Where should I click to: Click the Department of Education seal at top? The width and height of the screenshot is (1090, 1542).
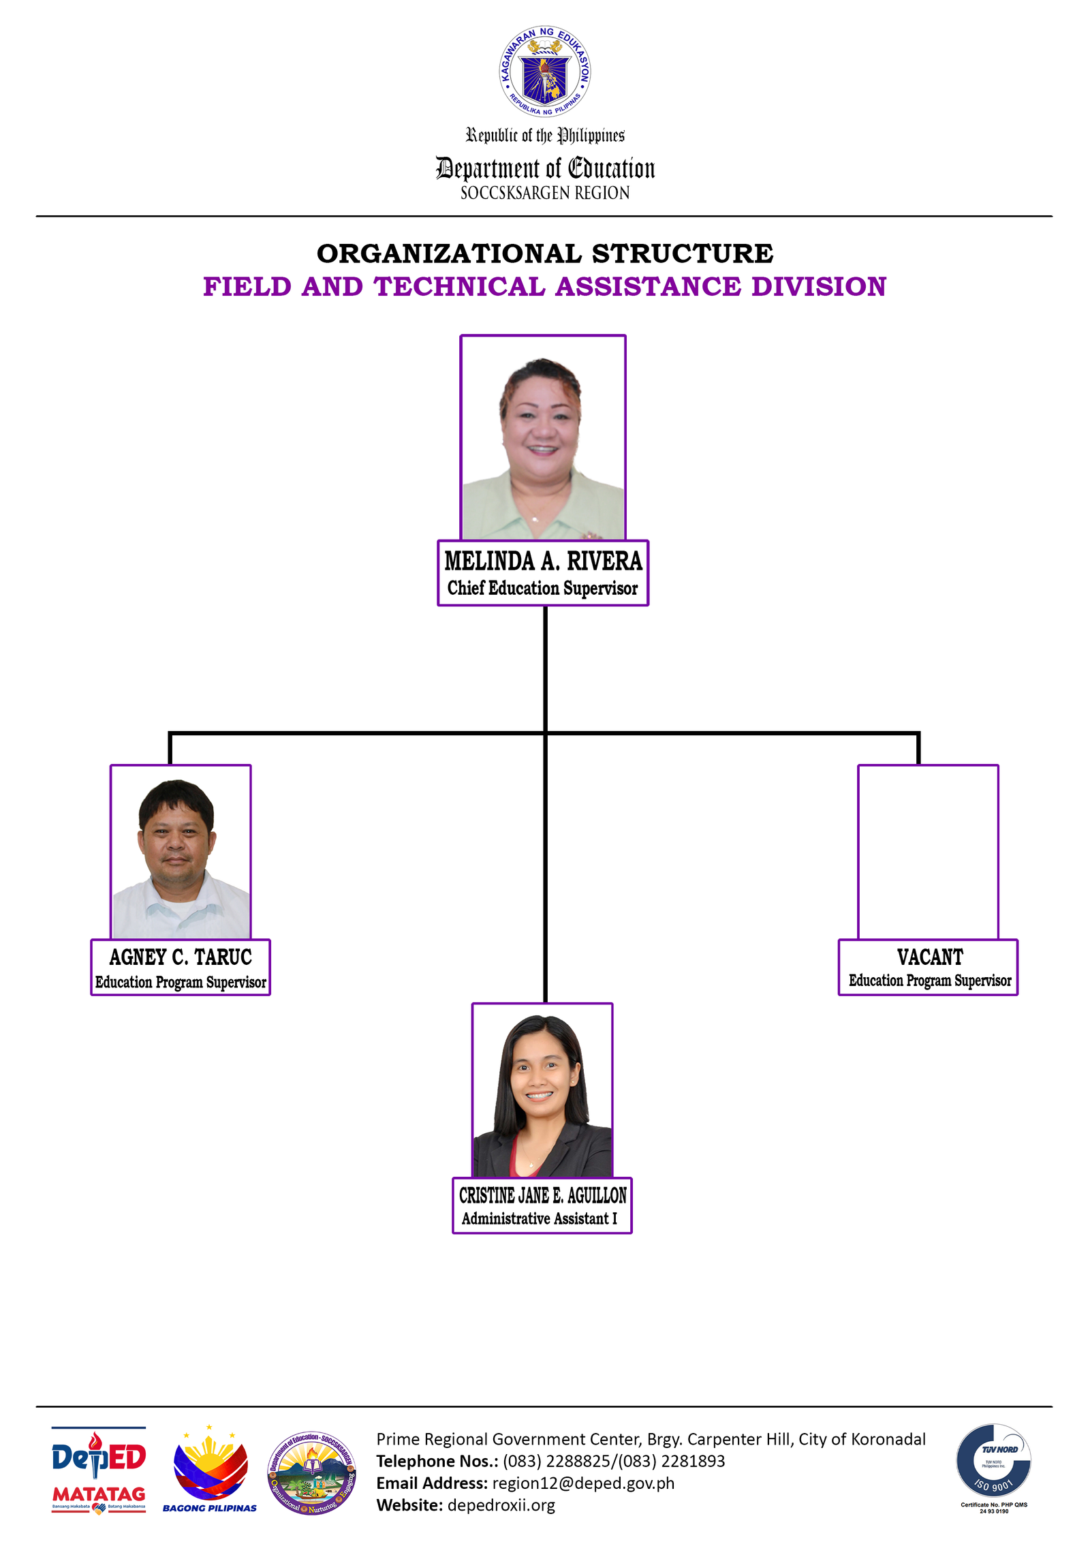pos(544,72)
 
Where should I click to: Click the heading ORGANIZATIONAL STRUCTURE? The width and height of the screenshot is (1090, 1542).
pos(544,253)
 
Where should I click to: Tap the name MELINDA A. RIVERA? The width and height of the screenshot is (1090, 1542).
pos(543,561)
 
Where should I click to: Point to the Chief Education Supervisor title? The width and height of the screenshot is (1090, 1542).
pos(542,588)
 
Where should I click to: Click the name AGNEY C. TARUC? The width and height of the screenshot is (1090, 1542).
pos(181,957)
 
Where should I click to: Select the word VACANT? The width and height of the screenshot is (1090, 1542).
pos(929,957)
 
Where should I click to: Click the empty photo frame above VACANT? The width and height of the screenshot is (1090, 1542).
pos(928,852)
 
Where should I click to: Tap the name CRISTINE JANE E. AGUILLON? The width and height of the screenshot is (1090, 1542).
pos(542,1195)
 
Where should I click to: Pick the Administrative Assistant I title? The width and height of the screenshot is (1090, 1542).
pos(539,1218)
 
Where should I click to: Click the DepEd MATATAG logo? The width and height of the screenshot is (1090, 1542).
pos(99,1469)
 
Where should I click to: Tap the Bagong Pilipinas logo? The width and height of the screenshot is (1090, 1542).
pos(210,1469)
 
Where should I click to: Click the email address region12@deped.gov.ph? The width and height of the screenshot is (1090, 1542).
pos(583,1483)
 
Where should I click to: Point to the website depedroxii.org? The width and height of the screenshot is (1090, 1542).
pos(501,1505)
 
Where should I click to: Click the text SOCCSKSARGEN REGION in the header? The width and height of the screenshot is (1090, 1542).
pos(544,194)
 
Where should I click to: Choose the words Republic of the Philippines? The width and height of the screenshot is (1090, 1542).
pos(544,136)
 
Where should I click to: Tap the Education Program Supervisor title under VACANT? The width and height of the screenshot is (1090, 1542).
pos(929,981)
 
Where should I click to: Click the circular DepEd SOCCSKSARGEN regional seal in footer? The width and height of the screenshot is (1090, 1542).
pos(311,1473)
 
